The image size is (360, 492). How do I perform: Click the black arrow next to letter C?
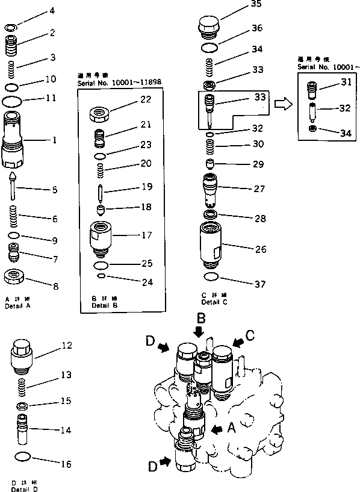[x=238, y=342]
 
